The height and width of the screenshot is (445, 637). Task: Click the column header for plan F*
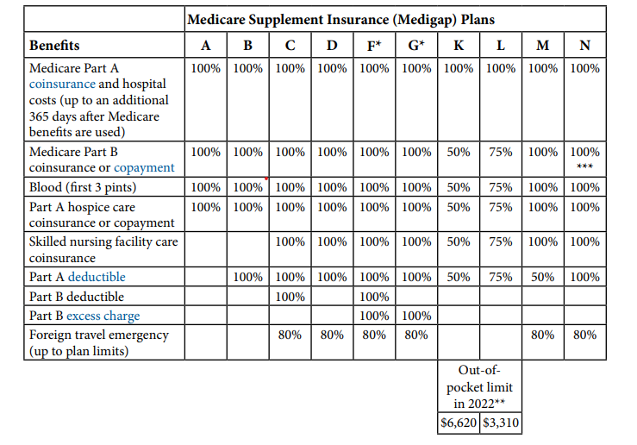[x=374, y=45]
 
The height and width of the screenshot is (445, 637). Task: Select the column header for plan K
[x=459, y=45]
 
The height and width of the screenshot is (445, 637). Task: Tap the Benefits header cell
[x=54, y=45]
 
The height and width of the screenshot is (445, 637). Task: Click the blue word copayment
[x=144, y=168]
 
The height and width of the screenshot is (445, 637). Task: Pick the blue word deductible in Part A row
[x=97, y=277]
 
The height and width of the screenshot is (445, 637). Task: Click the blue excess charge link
[x=103, y=316]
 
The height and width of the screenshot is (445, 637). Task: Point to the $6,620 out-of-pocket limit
[x=459, y=423]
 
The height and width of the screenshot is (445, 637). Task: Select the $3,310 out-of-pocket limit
[x=501, y=423]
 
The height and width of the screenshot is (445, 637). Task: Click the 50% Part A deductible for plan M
[x=543, y=277]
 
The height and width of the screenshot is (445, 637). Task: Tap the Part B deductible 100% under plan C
[x=290, y=297]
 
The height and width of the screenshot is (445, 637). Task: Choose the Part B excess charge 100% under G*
[x=416, y=316]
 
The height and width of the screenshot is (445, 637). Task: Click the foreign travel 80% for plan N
[x=585, y=335]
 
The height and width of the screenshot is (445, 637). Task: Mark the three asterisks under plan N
[x=585, y=166]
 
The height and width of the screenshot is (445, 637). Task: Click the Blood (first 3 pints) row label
[x=83, y=187]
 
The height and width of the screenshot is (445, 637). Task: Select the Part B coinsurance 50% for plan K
[x=459, y=152]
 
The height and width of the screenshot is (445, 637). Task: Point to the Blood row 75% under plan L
[x=501, y=187]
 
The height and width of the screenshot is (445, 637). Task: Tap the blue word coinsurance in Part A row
[x=62, y=85]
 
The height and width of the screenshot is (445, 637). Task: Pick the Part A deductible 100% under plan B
[x=247, y=277]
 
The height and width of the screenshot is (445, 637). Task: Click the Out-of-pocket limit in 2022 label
[x=480, y=387]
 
